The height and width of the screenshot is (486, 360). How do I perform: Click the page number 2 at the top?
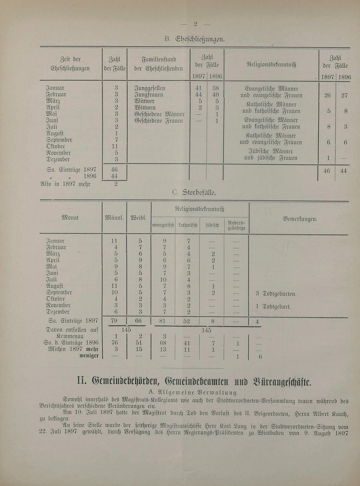point(195,24)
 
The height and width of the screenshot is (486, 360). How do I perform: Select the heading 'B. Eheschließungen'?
point(195,39)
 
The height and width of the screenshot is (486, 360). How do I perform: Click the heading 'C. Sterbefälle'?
point(194,192)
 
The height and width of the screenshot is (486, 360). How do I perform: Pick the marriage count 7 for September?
point(116,140)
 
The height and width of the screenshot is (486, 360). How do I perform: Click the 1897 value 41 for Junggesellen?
point(198,88)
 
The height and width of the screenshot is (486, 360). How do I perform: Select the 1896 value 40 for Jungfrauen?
point(215,95)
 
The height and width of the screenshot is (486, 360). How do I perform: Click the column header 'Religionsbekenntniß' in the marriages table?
point(271,65)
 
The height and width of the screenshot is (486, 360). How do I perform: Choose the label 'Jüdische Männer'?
point(271,151)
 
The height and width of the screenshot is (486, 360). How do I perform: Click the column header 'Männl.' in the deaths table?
point(114,218)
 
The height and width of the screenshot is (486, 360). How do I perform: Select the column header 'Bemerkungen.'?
point(300,219)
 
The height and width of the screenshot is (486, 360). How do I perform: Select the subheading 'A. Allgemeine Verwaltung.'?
point(193,392)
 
